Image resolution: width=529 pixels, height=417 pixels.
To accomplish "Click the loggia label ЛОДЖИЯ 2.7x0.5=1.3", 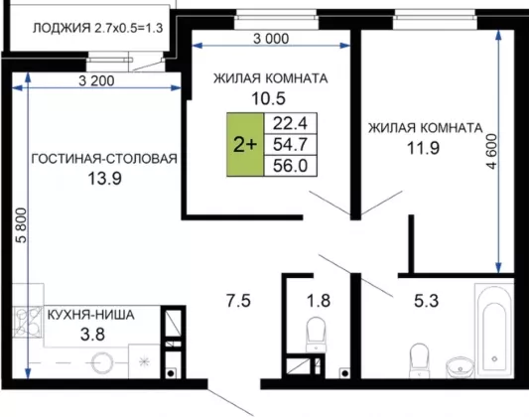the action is pyautogui.click(x=98, y=28).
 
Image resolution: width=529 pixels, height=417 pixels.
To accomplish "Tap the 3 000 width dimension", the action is pyautogui.click(x=271, y=39).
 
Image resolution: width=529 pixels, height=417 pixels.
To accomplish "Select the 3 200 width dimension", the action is pyautogui.click(x=96, y=81).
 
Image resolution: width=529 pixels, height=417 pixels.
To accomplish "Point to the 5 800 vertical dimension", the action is pyautogui.click(x=21, y=225).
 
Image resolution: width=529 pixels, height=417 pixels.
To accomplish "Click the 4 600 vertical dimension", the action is pyautogui.click(x=491, y=152).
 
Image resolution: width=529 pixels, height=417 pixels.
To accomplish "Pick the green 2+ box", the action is pyautogui.click(x=245, y=144).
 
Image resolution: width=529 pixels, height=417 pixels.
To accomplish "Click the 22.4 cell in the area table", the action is pyautogui.click(x=290, y=123).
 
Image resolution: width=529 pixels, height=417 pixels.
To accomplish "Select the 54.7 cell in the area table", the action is pyautogui.click(x=290, y=145).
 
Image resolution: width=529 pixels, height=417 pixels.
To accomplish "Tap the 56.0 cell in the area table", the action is pyautogui.click(x=290, y=166).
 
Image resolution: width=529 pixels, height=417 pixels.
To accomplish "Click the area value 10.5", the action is pyautogui.click(x=269, y=98).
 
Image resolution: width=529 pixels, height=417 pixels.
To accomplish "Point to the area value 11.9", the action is pyautogui.click(x=423, y=148).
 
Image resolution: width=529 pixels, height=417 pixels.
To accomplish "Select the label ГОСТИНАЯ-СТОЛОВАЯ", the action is pyautogui.click(x=104, y=159).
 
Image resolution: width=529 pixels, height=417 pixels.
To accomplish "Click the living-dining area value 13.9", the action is pyautogui.click(x=104, y=179).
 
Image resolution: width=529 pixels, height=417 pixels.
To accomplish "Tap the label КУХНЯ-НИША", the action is pyautogui.click(x=90, y=315).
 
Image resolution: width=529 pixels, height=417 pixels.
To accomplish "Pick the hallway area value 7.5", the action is pyautogui.click(x=238, y=301).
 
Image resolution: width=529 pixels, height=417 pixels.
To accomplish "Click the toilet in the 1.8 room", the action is pyautogui.click(x=317, y=335).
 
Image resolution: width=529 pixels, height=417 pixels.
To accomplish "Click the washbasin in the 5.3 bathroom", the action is pyautogui.click(x=460, y=367).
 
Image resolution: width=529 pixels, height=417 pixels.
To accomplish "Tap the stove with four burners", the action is pyautogui.click(x=28, y=322).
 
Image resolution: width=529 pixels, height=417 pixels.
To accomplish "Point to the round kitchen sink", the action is pyautogui.click(x=101, y=362).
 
